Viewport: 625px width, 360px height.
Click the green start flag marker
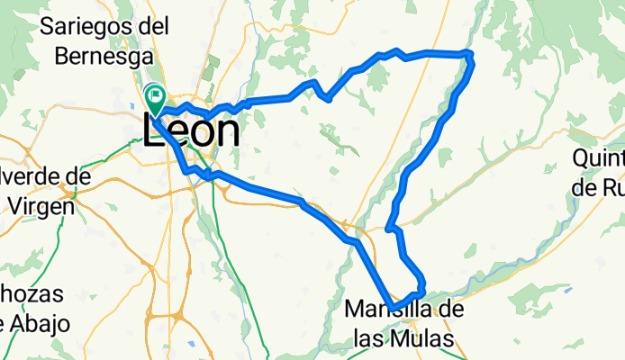tap(155, 94)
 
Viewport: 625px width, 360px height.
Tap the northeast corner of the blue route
tap(468, 55)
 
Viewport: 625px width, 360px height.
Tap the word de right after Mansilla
tap(453, 311)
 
